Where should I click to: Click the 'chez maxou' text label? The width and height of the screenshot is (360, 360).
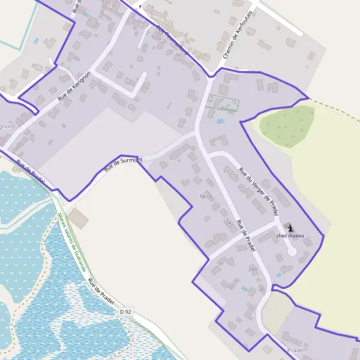[290, 236]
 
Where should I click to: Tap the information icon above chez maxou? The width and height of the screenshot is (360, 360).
[290, 227]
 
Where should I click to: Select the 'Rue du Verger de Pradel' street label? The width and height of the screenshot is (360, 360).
[259, 192]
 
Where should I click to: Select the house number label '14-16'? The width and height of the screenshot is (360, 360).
[206, 197]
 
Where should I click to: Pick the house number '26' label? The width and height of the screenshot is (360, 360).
[262, 289]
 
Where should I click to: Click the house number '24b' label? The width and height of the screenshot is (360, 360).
[253, 269]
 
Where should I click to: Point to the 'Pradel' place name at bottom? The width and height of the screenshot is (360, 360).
[296, 349]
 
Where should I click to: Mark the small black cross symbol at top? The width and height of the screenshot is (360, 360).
[140, 6]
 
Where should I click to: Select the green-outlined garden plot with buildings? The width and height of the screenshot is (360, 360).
[222, 103]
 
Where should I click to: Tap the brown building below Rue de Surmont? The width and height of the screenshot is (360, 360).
[78, 219]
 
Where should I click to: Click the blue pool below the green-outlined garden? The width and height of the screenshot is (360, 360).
[220, 121]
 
